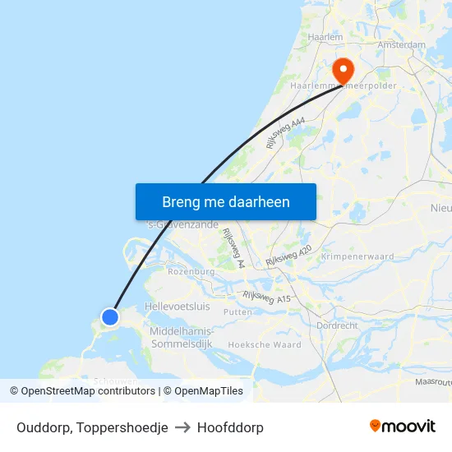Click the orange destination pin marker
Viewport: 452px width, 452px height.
340,68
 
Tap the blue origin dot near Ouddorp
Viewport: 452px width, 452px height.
110,316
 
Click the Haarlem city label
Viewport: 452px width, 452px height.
324,37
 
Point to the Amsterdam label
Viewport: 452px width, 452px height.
401,44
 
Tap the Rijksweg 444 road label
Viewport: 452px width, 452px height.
285,132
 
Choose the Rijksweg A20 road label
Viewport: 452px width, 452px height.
288,255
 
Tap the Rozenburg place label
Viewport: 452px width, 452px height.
191,271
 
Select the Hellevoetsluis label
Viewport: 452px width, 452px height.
177,306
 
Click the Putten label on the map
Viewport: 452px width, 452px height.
238,312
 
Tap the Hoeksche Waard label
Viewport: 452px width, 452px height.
265,344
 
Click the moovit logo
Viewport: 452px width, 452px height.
403,427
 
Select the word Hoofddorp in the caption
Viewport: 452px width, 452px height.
230,427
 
